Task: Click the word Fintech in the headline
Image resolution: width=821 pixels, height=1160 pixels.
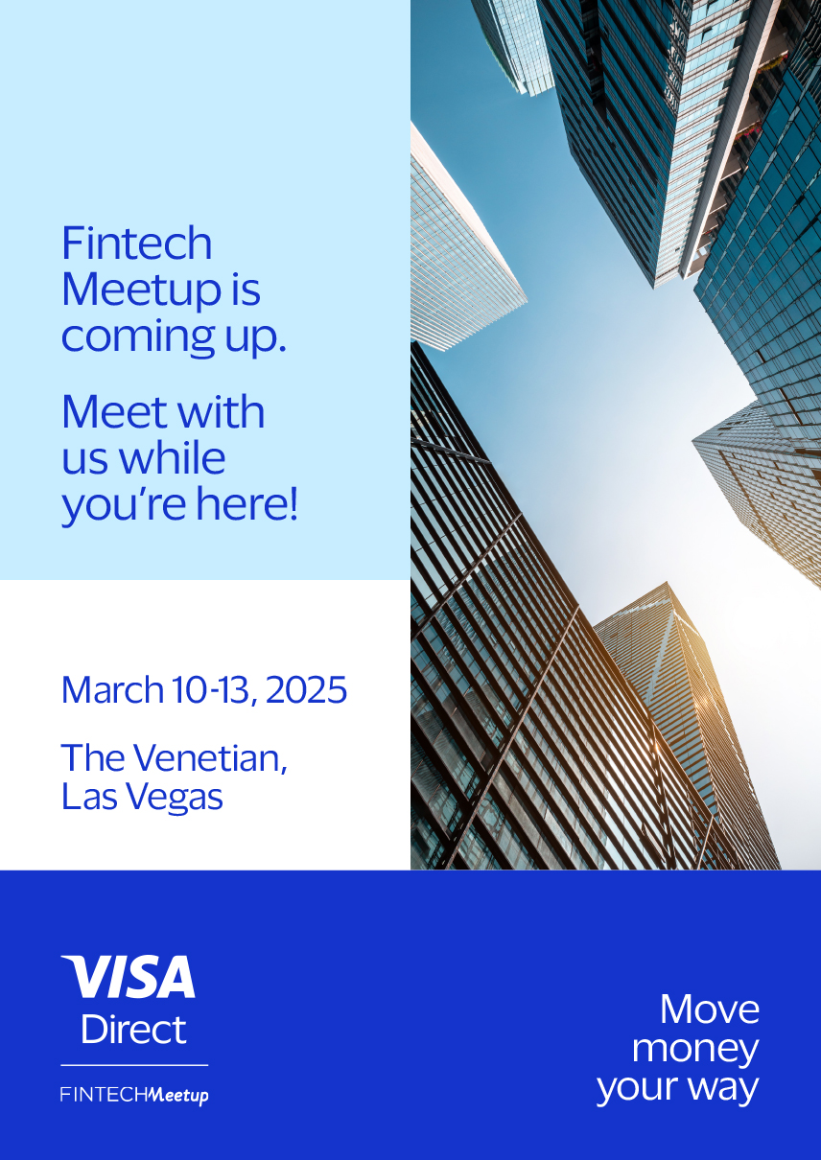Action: [137, 243]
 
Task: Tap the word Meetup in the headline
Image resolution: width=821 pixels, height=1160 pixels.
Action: [141, 292]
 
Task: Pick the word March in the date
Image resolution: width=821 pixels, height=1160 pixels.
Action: [112, 689]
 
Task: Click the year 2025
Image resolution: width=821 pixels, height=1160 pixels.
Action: [306, 689]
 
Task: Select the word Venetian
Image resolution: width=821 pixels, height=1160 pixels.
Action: [211, 758]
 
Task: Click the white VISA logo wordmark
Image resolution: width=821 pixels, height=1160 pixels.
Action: [128, 976]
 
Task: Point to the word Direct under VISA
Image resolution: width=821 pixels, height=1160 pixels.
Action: [133, 1029]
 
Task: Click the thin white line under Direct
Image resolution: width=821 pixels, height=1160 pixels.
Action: [134, 1065]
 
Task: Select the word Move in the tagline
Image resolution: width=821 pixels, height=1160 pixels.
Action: [710, 1009]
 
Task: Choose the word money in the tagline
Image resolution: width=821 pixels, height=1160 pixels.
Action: [695, 1050]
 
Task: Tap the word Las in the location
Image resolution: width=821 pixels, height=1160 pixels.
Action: [90, 797]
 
